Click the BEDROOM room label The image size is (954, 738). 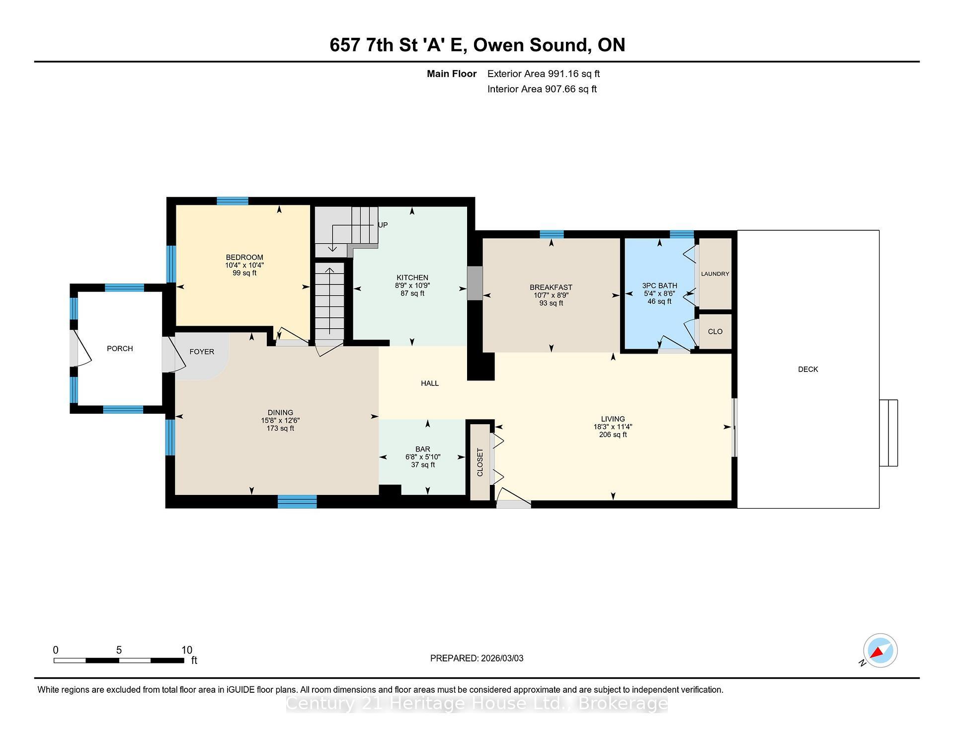244,257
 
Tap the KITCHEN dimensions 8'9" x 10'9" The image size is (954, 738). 412,285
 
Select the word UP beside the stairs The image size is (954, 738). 383,225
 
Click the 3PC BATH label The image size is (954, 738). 659,285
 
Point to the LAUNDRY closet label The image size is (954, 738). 715,274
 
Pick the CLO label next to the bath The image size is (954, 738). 715,332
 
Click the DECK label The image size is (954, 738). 807,369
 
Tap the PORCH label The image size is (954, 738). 120,349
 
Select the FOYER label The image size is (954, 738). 202,352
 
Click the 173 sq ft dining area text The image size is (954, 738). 280,428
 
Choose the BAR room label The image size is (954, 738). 422,449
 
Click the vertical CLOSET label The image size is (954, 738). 480,462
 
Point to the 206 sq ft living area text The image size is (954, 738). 613,435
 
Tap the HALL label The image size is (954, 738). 430,383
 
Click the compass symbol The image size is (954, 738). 880,650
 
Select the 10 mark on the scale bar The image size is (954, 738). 186,650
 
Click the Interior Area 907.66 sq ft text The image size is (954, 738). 542,89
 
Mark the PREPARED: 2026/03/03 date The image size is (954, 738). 477,658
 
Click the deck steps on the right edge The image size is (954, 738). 888,433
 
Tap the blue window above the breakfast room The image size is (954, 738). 552,234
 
